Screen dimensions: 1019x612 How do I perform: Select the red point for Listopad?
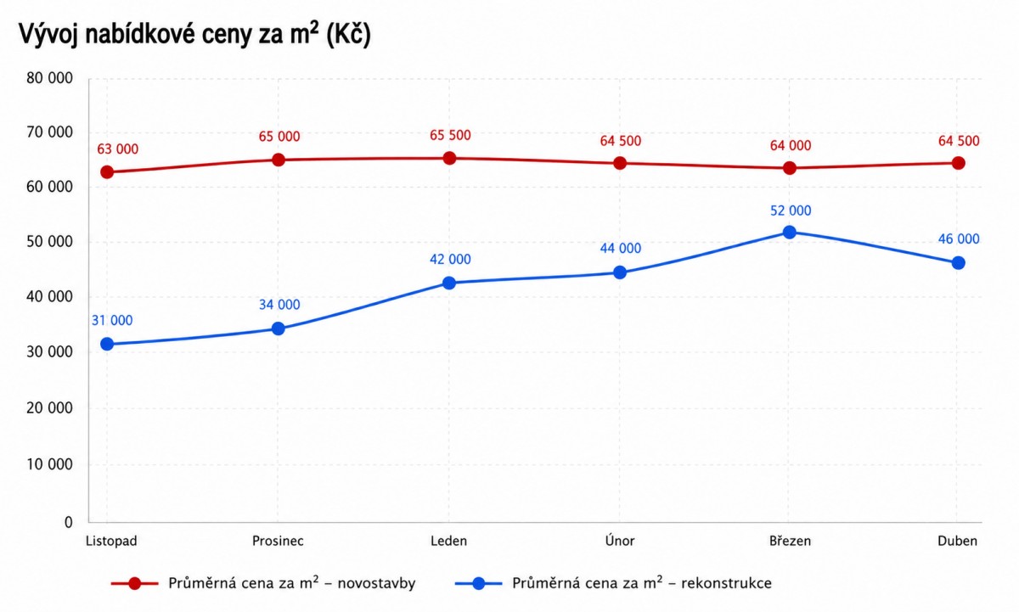pos(107,171)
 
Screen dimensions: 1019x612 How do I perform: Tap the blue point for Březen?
pos(789,233)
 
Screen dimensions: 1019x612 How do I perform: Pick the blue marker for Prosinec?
pos(278,328)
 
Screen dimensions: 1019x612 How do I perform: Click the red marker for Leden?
pos(449,158)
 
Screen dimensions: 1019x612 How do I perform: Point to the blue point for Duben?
pos(958,263)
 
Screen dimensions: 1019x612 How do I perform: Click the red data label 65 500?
pos(450,135)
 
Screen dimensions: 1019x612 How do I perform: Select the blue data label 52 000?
pos(791,211)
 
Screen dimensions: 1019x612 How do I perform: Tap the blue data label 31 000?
pos(112,321)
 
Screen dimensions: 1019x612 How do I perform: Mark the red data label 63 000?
pos(117,149)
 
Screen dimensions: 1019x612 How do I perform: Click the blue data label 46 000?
pos(959,239)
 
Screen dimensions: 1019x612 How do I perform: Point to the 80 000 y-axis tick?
pos(49,78)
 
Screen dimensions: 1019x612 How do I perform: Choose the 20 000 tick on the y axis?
pos(49,407)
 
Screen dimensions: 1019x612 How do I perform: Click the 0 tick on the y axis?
pos(68,522)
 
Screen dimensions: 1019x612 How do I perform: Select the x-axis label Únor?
pos(620,541)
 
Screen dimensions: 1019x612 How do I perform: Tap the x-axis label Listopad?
pos(111,541)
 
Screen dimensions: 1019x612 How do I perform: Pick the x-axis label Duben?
pos(957,541)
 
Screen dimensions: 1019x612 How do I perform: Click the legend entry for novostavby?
pos(263,583)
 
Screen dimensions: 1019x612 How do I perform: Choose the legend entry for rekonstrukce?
pos(613,583)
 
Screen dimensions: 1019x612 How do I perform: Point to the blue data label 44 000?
pos(621,248)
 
